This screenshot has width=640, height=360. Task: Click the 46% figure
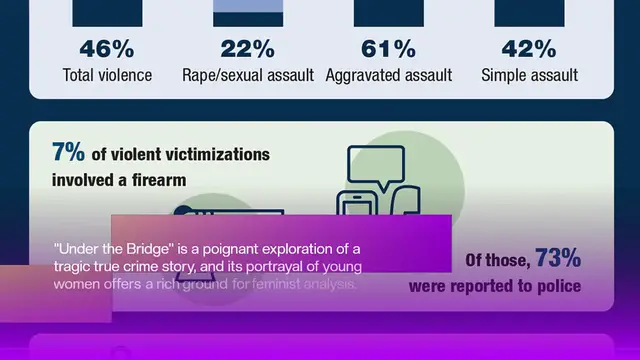click(107, 50)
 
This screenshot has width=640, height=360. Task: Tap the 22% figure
click(248, 50)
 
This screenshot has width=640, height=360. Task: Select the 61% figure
click(389, 50)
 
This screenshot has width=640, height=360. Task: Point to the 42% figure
click(529, 50)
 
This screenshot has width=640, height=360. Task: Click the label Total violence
click(107, 75)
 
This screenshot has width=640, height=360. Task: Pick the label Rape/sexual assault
click(248, 75)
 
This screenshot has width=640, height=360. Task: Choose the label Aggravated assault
click(389, 75)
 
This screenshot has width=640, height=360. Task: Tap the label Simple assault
click(529, 75)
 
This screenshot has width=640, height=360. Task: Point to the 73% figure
click(558, 259)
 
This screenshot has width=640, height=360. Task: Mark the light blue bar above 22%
click(248, 12)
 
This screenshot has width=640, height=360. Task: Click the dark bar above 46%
click(107, 12)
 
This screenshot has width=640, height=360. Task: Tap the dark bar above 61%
click(389, 12)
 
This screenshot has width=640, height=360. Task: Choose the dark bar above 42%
click(529, 12)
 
